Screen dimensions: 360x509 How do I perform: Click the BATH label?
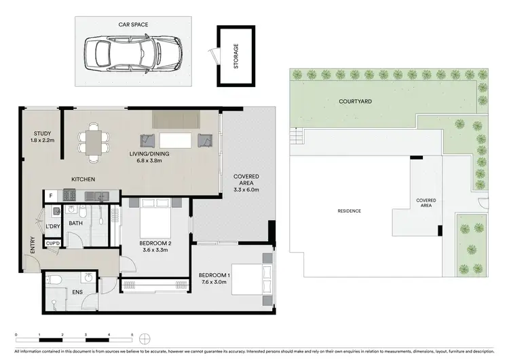point(75,223)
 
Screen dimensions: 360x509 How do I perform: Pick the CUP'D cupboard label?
point(53,242)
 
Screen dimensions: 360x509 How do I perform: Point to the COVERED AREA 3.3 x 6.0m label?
point(246,183)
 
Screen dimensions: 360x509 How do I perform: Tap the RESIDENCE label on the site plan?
point(349,211)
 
